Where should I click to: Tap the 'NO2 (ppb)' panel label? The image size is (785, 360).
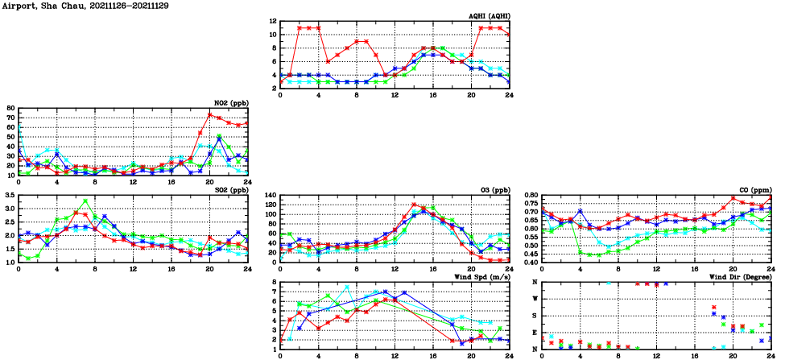pos(230,103)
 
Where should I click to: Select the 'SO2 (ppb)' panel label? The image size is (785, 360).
pos(230,190)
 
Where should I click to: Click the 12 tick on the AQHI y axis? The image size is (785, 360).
pos(273,21)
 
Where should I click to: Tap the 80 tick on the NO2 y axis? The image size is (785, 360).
pos(10,108)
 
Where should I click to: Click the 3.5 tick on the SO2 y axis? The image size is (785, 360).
pos(9,195)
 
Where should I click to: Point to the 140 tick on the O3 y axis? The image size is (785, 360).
pos(270,195)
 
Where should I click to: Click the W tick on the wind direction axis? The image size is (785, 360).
pos(535,299)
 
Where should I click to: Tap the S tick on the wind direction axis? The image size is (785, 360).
pos(535,316)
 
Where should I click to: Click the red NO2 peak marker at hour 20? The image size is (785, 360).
pos(209,114)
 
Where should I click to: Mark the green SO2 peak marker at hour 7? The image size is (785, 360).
pos(85,201)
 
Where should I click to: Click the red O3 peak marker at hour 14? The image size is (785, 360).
pos(414,205)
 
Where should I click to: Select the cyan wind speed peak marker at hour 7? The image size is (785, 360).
pos(347,287)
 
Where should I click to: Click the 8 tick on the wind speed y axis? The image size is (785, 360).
pos(274,282)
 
